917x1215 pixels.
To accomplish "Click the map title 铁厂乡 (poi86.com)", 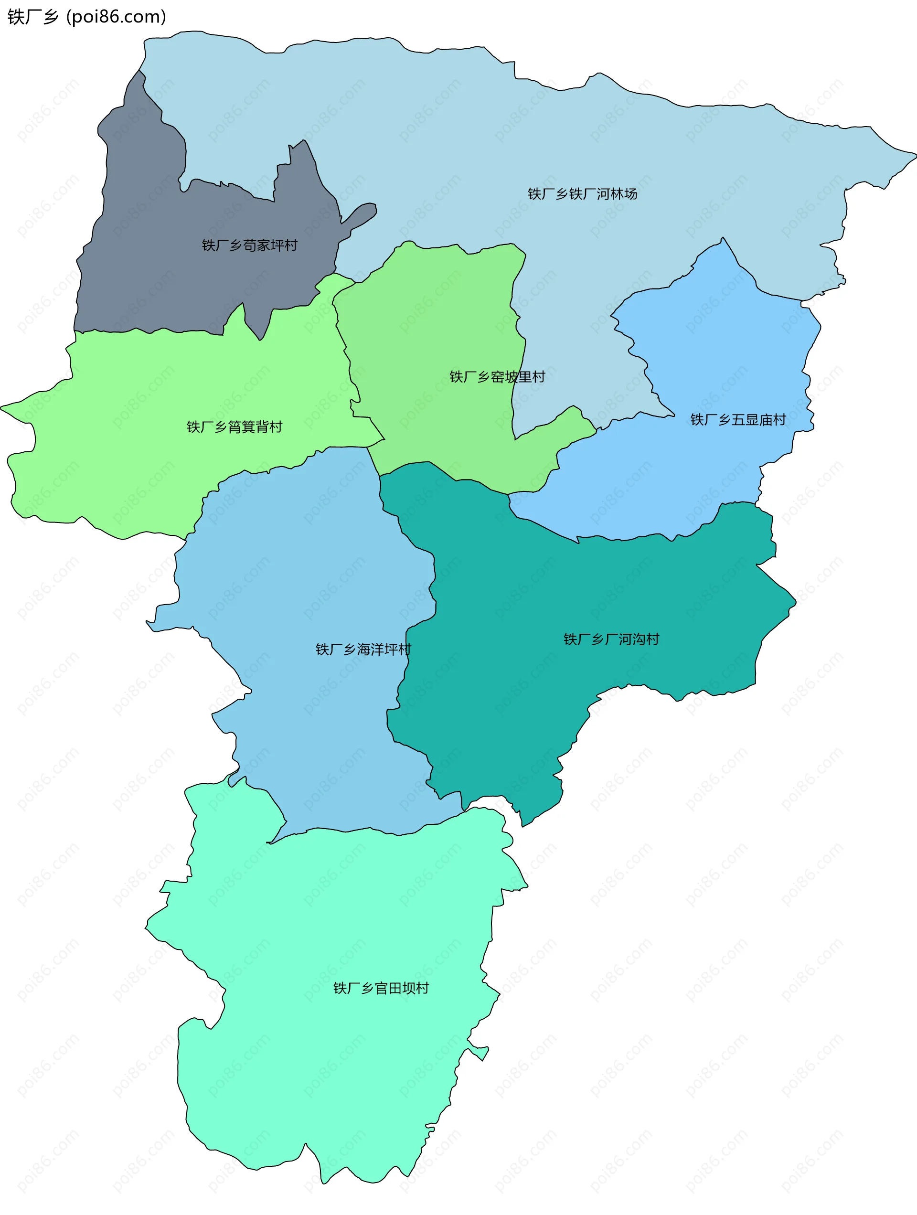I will [87, 17].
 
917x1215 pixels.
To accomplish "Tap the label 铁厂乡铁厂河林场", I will [582, 194].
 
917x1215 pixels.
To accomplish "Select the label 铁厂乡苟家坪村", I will [249, 245].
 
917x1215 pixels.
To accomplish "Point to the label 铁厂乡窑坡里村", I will [497, 377].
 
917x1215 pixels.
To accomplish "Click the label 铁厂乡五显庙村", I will [738, 420].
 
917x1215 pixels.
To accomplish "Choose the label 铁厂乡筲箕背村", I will [235, 427].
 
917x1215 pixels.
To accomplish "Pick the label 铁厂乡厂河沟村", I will [611, 639].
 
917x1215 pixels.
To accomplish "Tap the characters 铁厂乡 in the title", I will [33, 17].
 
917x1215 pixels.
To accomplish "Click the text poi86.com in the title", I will [116, 17].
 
